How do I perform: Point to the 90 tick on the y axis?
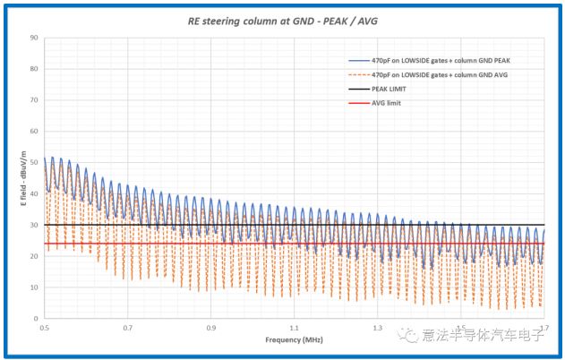click(33, 38)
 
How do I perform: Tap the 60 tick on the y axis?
click(33, 131)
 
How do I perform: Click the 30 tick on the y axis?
click(33, 225)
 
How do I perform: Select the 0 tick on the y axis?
click(35, 318)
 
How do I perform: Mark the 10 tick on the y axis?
click(33, 287)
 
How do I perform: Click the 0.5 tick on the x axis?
click(44, 328)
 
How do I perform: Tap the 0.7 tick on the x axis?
click(128, 328)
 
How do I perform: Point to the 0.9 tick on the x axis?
click(211, 328)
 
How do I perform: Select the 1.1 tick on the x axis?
click(295, 328)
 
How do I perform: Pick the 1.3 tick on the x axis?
click(378, 328)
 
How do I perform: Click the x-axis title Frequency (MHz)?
click(294, 340)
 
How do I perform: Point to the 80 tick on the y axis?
click(33, 69)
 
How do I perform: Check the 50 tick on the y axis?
click(33, 162)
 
